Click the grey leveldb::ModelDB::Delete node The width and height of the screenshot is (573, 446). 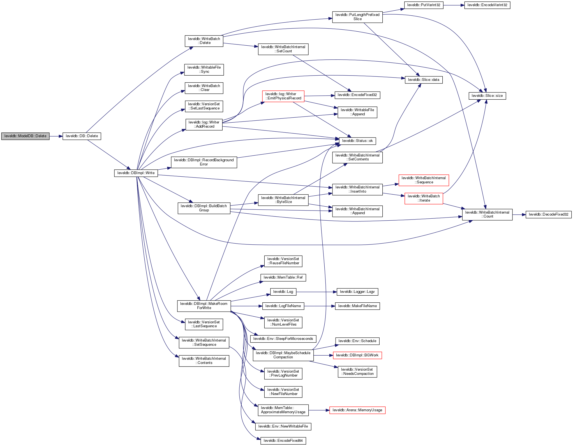point(25,136)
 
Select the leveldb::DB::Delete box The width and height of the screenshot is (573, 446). point(82,136)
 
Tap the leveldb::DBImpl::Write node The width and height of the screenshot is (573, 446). point(136,173)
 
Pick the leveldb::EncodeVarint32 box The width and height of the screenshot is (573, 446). point(487,5)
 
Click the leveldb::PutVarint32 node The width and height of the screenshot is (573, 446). point(424,5)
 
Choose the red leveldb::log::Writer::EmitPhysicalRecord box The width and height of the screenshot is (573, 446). point(283,96)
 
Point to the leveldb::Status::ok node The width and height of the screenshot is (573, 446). point(357,141)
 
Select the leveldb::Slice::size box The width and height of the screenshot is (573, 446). point(487,96)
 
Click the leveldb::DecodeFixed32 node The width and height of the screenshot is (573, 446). point(548,214)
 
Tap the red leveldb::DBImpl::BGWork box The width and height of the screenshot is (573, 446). point(357,355)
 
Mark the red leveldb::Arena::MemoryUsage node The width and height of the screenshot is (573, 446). point(357,410)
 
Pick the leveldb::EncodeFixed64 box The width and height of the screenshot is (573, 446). point(283,441)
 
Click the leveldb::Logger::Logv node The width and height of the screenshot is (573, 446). point(357,292)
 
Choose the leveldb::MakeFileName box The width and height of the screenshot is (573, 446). point(357,306)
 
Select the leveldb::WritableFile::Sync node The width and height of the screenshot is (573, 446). point(204,69)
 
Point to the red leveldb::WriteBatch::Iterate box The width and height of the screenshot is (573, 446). point(424,198)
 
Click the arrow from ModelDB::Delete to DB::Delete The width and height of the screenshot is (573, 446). point(56,136)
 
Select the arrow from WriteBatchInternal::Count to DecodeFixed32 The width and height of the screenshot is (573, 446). point(519,215)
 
